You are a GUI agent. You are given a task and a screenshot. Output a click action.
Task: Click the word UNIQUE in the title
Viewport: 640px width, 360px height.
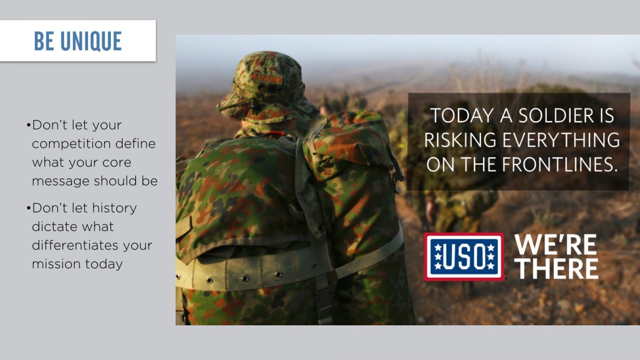[91, 41]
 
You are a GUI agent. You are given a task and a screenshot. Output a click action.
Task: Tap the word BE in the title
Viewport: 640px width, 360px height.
[44, 41]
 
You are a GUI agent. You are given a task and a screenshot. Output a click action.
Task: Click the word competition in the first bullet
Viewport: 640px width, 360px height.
[71, 144]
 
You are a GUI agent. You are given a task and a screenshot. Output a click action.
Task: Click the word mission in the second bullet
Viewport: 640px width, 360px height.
[57, 263]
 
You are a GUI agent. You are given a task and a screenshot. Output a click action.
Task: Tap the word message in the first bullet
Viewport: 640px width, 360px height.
[61, 181]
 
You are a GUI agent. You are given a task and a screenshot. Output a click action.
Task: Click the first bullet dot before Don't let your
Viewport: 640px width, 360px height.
[28, 125]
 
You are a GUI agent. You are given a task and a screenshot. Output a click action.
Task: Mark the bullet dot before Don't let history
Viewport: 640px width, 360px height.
[28, 208]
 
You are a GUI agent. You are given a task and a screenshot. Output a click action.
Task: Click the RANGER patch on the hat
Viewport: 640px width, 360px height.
[266, 78]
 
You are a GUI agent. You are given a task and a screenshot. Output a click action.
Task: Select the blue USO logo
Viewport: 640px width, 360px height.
[464, 257]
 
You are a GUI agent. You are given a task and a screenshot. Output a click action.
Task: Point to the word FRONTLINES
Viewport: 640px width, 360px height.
[559, 164]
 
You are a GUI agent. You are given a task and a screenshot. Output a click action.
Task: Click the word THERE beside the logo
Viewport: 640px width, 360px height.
[558, 269]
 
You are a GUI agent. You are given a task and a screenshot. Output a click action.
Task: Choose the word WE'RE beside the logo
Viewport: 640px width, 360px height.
[555, 245]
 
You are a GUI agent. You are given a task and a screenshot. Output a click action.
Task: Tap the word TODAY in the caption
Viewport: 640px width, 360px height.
[462, 115]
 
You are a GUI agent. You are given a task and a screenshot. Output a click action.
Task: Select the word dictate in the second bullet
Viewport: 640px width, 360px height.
[50, 227]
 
